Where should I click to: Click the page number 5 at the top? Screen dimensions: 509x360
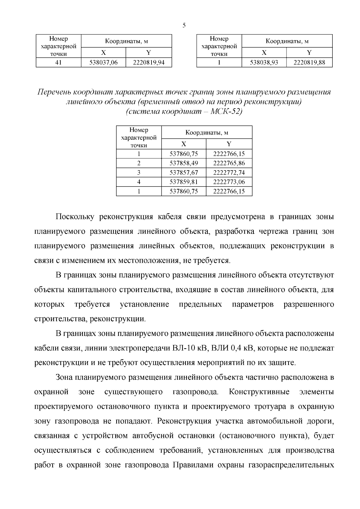click(x=184, y=25)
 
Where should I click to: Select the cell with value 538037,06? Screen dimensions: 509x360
click(x=103, y=62)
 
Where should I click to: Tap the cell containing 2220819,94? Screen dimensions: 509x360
click(x=149, y=62)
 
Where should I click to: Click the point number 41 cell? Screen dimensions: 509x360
click(x=58, y=62)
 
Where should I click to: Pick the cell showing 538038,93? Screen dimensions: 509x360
click(x=264, y=62)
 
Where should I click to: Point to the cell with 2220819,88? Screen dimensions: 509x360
click(x=309, y=62)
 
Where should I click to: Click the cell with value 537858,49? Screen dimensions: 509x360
click(x=184, y=163)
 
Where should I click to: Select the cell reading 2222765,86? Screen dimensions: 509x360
click(x=229, y=163)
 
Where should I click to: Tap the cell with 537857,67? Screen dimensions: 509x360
click(x=184, y=172)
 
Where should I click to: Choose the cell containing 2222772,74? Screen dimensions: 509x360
click(x=229, y=172)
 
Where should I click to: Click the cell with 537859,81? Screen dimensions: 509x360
click(x=184, y=182)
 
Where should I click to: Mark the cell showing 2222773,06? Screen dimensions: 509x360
click(x=229, y=182)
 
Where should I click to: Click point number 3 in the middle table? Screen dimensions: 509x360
click(x=139, y=172)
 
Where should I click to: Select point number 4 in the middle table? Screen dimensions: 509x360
click(x=139, y=182)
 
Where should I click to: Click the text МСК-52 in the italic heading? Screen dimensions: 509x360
click(x=226, y=112)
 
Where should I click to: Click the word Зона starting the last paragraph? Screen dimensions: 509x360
click(x=64, y=377)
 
